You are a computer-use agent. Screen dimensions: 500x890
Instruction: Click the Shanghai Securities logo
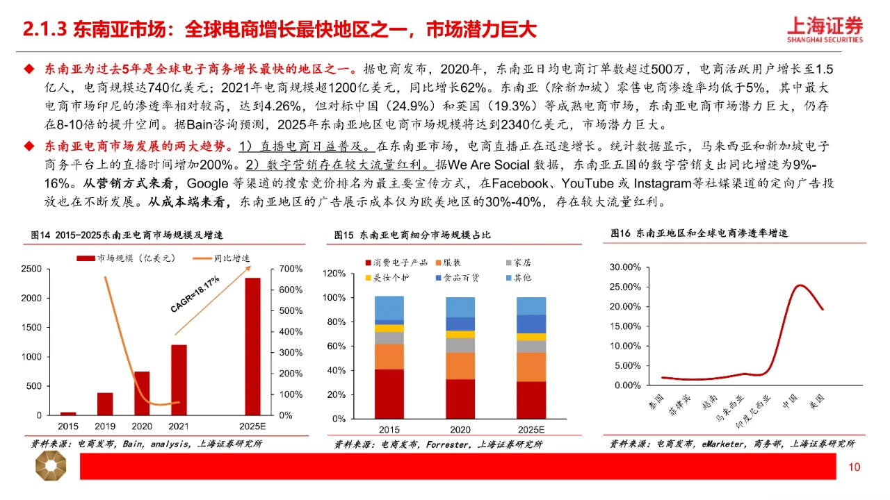coord(825,30)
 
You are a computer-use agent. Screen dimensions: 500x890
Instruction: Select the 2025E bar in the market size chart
coord(252,346)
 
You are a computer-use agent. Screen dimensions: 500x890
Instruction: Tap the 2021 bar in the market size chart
coord(179,379)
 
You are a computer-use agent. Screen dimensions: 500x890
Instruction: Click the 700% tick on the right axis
coord(291,269)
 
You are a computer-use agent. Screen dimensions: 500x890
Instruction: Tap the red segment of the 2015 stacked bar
coord(389,394)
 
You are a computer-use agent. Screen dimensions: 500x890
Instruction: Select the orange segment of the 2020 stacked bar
coord(460,365)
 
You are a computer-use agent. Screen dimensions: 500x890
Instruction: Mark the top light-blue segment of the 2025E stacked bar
coord(531,306)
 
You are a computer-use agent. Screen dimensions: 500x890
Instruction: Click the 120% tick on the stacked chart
coord(334,274)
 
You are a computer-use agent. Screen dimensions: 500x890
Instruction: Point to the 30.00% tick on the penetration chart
coord(625,267)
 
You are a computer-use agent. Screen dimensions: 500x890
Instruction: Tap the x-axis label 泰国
coord(656,402)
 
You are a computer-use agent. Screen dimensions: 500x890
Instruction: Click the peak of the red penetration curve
coord(800,285)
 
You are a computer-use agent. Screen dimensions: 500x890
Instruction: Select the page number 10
coord(854,467)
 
